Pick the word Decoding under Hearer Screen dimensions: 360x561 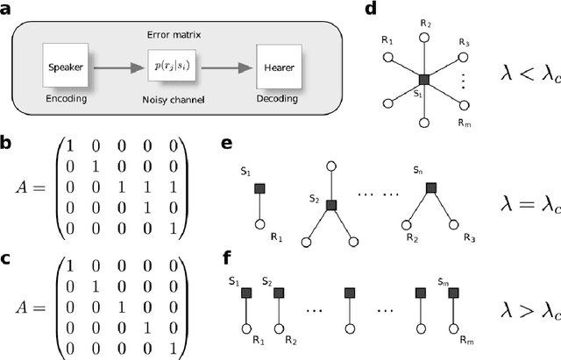(280, 99)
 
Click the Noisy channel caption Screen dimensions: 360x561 (174, 99)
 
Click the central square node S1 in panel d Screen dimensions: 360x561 (423, 80)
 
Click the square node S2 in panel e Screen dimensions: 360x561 (331, 204)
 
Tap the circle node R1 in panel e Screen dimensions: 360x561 (260, 225)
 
